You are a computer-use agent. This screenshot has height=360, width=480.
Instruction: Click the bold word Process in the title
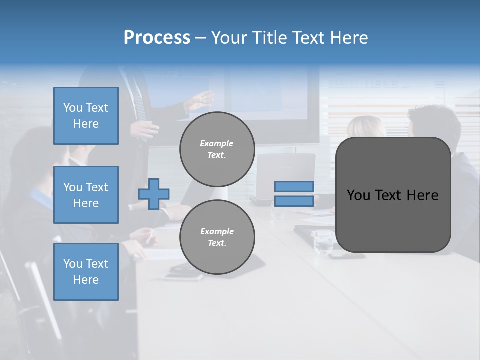point(157,38)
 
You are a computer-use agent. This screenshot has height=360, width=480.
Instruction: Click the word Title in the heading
point(270,38)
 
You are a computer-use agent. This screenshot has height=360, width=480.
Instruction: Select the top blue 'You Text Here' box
point(86,116)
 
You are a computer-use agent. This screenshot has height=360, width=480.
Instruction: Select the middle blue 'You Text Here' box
point(86,195)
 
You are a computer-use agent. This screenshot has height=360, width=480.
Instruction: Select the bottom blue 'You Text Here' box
point(86,272)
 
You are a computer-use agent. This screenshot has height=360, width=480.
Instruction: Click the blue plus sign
point(154,194)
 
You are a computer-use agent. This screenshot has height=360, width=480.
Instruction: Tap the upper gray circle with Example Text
point(217,149)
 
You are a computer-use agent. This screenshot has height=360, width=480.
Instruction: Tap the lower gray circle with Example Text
point(217,237)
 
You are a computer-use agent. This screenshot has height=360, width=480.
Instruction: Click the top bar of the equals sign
point(294,186)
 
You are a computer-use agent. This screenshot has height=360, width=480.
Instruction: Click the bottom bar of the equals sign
point(294,201)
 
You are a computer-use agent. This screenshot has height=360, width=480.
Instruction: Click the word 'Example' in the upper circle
point(217,143)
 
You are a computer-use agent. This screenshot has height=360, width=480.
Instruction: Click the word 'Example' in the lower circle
point(217,231)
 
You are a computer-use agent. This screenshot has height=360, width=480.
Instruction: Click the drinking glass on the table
point(324,242)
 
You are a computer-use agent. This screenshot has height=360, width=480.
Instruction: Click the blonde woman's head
point(366,128)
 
